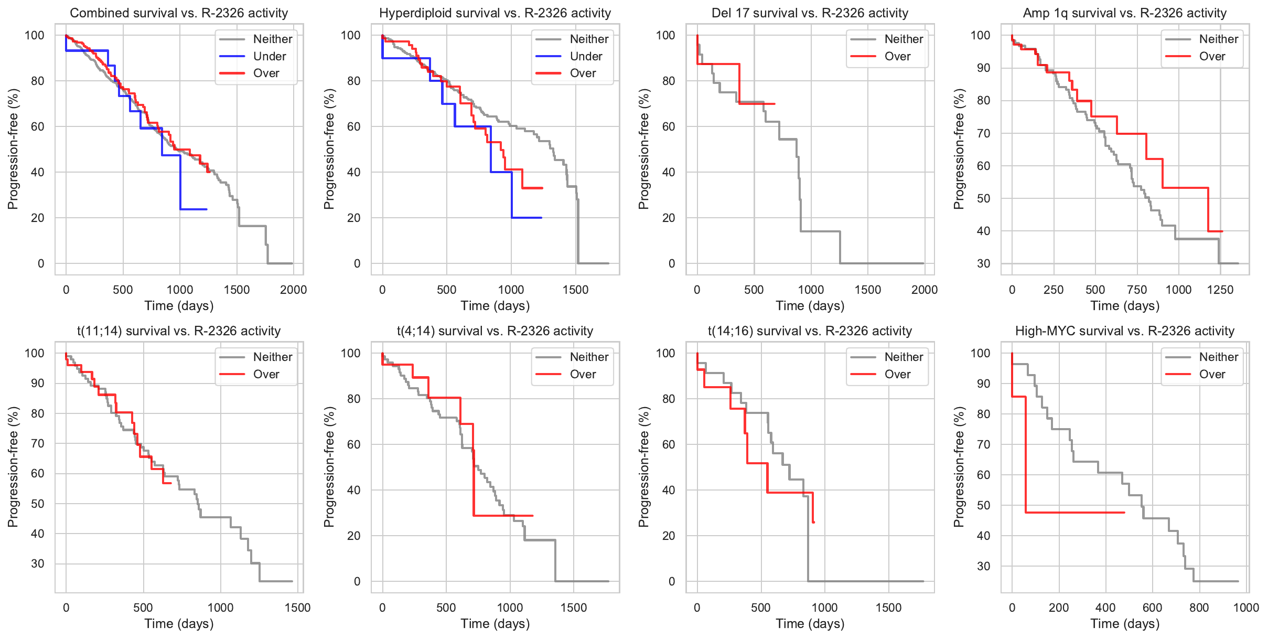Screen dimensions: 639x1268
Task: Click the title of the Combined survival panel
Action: pyautogui.click(x=179, y=13)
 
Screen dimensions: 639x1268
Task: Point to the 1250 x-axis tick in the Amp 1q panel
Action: pyautogui.click(x=1220, y=290)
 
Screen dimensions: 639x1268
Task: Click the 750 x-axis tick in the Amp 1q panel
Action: pyautogui.click(x=1137, y=290)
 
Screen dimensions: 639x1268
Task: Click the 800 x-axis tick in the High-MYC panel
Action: pyautogui.click(x=1199, y=608)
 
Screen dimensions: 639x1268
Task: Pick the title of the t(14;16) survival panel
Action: pyautogui.click(x=810, y=331)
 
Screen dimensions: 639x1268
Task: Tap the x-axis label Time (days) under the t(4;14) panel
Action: pyautogui.click(x=495, y=623)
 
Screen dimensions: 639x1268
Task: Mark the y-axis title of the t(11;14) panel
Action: pyautogui.click(x=13, y=467)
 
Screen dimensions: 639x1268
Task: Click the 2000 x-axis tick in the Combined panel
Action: pyautogui.click(x=293, y=290)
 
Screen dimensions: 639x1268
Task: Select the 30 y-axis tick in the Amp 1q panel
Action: pyautogui.click(x=983, y=263)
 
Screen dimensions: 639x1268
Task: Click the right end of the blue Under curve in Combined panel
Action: pyautogui.click(x=207, y=209)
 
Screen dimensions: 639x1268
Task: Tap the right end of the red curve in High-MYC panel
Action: pyautogui.click(x=1124, y=512)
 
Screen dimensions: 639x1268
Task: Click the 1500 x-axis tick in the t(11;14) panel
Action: pyautogui.click(x=297, y=608)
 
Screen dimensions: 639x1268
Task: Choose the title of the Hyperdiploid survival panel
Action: pyautogui.click(x=495, y=13)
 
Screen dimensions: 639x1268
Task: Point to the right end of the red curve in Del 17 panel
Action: pyautogui.click(x=775, y=104)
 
